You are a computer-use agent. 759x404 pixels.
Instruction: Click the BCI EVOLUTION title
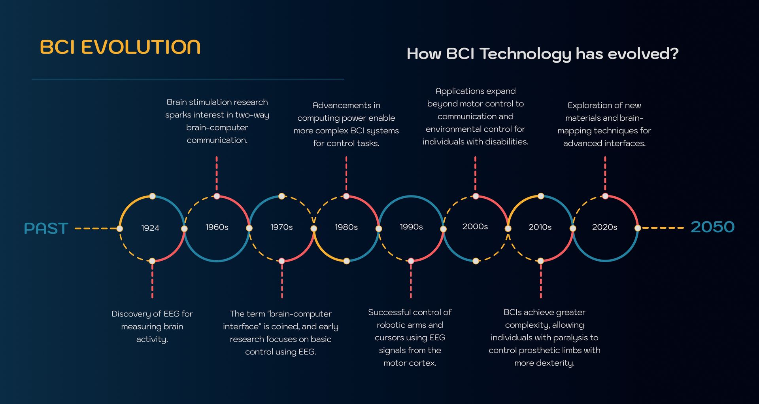(120, 47)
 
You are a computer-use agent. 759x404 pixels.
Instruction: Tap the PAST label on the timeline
(46, 228)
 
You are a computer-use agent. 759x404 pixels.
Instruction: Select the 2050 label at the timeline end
(712, 227)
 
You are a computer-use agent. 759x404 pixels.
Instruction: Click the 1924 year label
(150, 228)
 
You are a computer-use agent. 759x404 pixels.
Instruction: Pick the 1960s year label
(217, 227)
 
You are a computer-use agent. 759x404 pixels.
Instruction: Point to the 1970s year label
(281, 227)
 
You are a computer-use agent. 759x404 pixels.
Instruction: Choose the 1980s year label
(346, 227)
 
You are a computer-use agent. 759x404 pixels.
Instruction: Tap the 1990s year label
(411, 227)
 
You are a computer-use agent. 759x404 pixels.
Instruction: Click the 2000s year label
(475, 226)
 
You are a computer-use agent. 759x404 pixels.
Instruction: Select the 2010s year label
(540, 227)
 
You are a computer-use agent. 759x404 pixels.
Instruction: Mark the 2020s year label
(604, 227)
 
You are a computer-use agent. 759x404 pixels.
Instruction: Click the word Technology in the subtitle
(525, 54)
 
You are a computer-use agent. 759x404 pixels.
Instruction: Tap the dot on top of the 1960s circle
(217, 196)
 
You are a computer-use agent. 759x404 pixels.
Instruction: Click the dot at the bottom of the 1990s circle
(411, 261)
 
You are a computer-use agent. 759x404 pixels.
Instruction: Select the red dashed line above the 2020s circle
(605, 174)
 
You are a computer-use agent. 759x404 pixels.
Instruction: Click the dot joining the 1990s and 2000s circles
(444, 229)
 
